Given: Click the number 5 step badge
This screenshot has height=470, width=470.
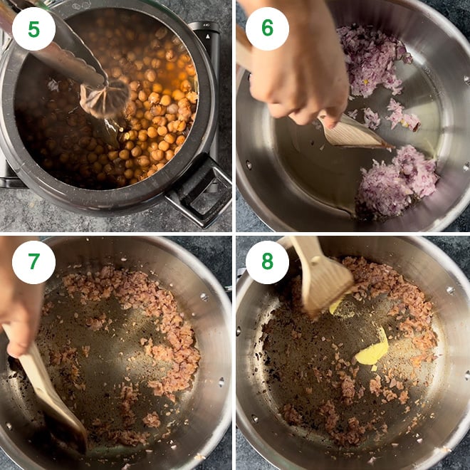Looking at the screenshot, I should (x=33, y=28).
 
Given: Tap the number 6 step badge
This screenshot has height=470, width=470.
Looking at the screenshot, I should (x=267, y=28).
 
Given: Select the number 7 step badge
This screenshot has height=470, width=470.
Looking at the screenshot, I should (x=33, y=261).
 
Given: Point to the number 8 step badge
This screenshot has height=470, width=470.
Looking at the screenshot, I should (x=267, y=261).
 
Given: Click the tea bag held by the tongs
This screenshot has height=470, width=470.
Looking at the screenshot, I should (x=103, y=100).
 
